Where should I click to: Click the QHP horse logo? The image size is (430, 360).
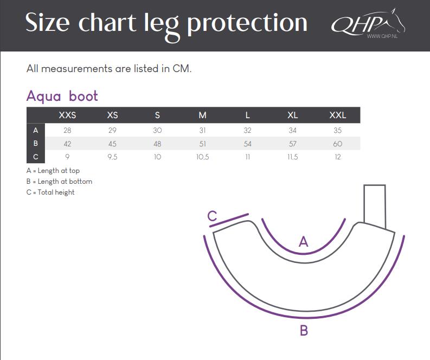point(368,23)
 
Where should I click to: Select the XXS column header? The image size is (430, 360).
point(67,115)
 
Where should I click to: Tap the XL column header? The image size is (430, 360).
point(293,115)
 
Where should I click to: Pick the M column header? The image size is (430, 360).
point(202,115)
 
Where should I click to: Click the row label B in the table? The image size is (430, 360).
point(36,143)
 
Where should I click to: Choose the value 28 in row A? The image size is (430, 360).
point(67,130)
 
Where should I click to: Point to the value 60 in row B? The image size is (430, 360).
point(338,144)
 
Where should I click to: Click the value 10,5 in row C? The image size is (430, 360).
point(202,157)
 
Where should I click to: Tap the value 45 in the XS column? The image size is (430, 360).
point(112,144)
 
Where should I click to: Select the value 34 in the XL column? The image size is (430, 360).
point(293,130)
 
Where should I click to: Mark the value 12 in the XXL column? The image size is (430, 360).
point(338,157)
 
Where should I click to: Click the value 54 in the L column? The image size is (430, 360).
point(247,144)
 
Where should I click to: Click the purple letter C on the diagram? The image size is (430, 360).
point(212,216)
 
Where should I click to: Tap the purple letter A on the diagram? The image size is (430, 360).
point(303,242)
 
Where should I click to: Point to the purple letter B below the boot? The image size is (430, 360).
point(304,330)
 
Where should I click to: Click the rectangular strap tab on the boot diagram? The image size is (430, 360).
point(375,207)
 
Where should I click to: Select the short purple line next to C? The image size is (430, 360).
point(229,220)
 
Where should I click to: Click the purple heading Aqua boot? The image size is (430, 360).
point(62,97)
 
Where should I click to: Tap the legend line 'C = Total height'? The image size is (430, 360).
point(50,192)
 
